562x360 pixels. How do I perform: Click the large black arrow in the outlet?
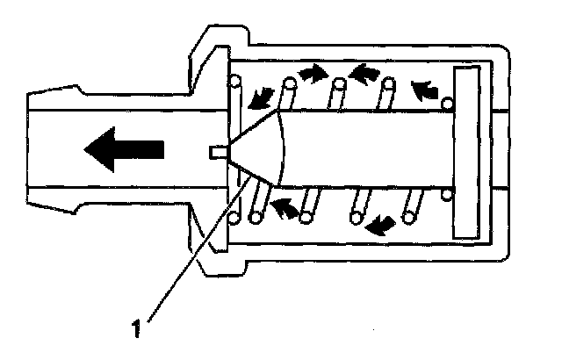123,149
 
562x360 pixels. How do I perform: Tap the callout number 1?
135,330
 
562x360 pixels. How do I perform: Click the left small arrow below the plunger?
282,207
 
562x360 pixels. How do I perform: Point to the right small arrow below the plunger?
378,227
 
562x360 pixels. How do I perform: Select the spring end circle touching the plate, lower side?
449,193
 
